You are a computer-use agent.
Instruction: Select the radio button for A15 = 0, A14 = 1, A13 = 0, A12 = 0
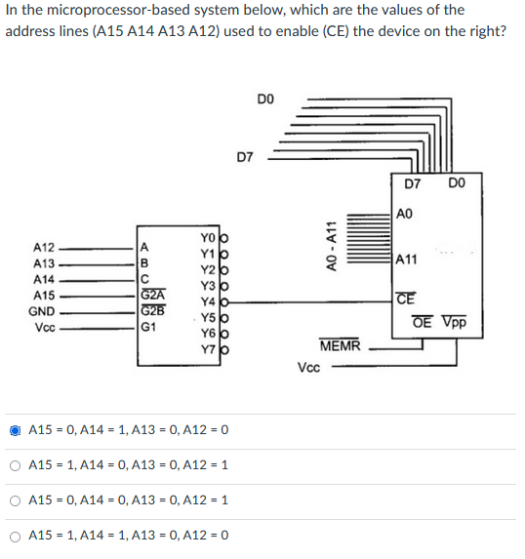coord(16,430)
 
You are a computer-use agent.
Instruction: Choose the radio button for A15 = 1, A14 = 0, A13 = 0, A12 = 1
coord(16,465)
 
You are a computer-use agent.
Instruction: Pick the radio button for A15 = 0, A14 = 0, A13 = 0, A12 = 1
coord(16,500)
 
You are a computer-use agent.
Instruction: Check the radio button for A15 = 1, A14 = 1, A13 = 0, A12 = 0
coord(16,536)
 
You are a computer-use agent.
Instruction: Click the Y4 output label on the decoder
coord(206,302)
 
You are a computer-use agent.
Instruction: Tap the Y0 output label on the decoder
coord(206,237)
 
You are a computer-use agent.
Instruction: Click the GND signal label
coord(43,311)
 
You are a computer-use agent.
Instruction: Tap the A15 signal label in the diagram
coord(44,295)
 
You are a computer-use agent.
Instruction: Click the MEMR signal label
coord(340,346)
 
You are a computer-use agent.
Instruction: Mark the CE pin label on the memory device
coord(404,299)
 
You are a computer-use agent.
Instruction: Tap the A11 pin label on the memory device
coord(407,260)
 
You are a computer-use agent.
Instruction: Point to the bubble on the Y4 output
coord(223,302)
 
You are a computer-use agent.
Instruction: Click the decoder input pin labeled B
coord(145,262)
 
